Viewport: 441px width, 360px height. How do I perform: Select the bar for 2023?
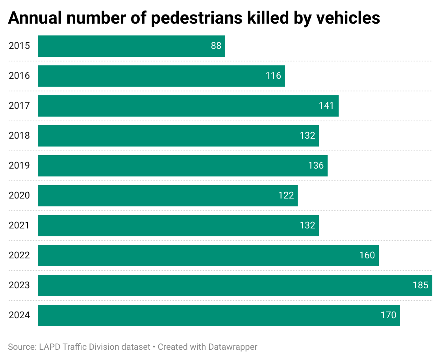point(235,286)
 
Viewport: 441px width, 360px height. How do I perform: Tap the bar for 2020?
point(168,196)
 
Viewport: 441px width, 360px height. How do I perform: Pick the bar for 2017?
point(188,106)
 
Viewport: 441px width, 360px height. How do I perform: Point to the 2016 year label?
point(19,76)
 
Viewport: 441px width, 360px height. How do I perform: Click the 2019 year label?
point(19,166)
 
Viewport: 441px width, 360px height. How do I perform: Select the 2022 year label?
point(19,256)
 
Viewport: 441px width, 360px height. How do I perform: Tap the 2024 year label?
point(19,315)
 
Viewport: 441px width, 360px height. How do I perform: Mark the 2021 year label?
point(19,226)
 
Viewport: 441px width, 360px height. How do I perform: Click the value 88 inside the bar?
point(216,46)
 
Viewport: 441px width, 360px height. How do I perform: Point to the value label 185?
point(420,286)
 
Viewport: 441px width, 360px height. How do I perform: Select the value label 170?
point(388,315)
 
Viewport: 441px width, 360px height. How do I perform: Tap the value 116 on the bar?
point(273,76)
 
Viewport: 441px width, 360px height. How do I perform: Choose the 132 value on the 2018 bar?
point(307,136)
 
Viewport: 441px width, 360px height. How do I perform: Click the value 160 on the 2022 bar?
point(367,256)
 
